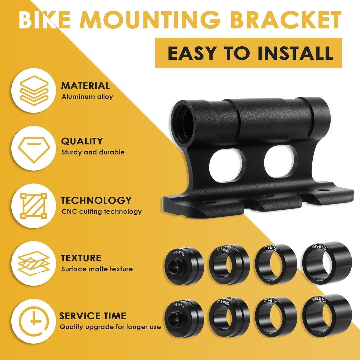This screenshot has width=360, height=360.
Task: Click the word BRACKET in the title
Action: point(286,20)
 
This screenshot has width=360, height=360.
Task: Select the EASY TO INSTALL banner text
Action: point(250,53)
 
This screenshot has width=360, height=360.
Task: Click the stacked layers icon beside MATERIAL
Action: point(34,90)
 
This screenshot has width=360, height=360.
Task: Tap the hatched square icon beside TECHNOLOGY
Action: point(34,206)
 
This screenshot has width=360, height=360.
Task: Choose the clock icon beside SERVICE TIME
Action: point(34,321)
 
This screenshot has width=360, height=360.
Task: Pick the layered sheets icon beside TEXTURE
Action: point(34,263)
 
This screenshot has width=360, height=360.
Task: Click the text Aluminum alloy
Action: point(87,97)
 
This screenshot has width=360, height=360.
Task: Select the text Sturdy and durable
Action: point(93,152)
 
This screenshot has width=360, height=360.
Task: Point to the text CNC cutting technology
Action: point(101,211)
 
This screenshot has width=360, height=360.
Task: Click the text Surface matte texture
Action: point(97,269)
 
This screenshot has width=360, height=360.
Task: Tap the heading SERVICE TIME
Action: point(93,316)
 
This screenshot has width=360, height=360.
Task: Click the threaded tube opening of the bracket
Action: point(183,123)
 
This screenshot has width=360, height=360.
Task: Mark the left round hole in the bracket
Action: point(226,165)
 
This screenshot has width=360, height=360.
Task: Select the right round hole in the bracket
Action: point(279,161)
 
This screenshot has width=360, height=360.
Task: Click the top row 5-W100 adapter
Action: point(184,266)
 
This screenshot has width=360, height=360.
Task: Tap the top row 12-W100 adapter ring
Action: point(229,264)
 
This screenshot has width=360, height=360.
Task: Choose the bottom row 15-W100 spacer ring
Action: point(276,317)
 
